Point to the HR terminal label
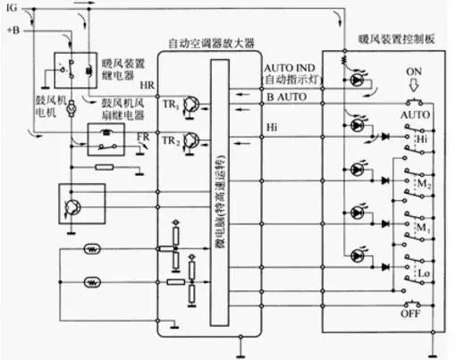point(147,85)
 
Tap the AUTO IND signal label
point(287,69)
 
